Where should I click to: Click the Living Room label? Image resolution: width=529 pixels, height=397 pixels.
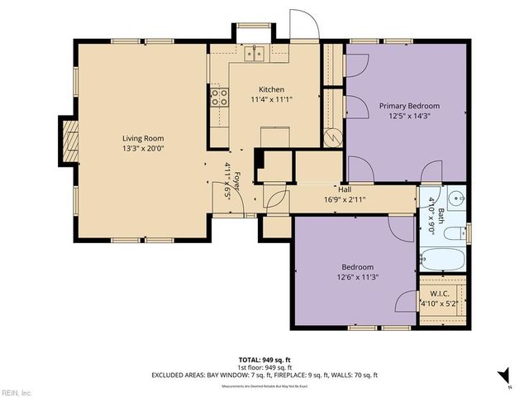[x=143, y=138]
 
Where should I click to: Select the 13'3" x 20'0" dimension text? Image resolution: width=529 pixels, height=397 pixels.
[x=143, y=149]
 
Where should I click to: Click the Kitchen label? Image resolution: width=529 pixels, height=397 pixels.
[x=272, y=89]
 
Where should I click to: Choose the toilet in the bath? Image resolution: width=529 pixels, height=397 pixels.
[x=453, y=233]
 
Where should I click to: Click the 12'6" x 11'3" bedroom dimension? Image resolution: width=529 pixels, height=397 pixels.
[x=357, y=278]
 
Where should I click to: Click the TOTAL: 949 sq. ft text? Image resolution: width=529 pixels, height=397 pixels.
[x=264, y=361]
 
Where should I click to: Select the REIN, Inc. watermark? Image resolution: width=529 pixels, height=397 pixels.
[x=17, y=391]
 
